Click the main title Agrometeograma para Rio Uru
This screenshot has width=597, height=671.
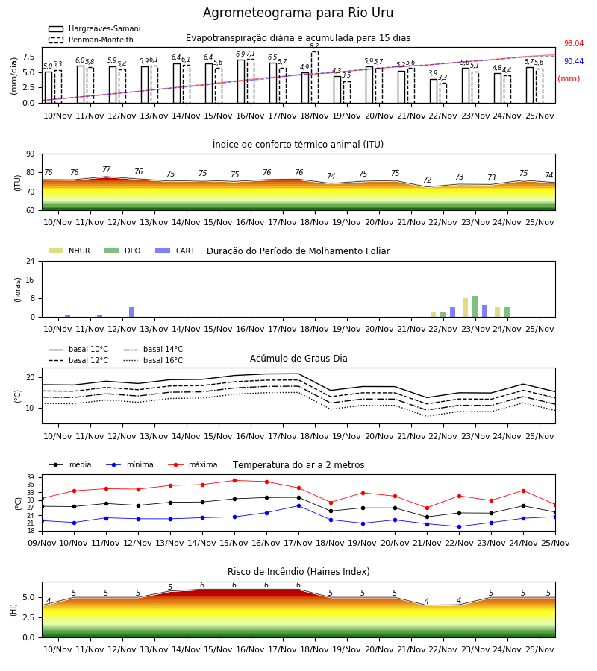click(298, 13)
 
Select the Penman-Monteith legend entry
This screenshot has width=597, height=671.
click(91, 40)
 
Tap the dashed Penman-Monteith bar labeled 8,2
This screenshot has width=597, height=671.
click(315, 78)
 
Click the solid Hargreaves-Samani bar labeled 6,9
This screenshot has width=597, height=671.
click(241, 81)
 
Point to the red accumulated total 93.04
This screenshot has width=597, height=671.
click(574, 44)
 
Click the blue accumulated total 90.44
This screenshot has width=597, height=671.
click(574, 62)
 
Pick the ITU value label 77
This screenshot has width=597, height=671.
click(107, 169)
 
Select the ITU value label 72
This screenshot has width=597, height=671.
click(428, 180)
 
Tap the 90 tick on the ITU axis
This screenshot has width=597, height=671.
click(31, 154)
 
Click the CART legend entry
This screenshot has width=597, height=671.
click(175, 251)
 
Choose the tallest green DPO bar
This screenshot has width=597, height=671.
click(475, 306)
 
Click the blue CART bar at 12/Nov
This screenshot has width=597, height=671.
click(132, 312)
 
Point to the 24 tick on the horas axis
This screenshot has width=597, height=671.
click(31, 261)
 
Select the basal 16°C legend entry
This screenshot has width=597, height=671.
click(153, 360)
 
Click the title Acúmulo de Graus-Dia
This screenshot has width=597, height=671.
click(298, 359)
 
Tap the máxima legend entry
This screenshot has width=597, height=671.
click(193, 464)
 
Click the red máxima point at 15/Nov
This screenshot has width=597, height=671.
click(234, 481)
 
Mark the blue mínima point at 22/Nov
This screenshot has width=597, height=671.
click(460, 527)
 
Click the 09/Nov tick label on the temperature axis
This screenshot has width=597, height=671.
click(42, 543)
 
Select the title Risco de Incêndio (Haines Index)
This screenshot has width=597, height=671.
click(298, 572)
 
